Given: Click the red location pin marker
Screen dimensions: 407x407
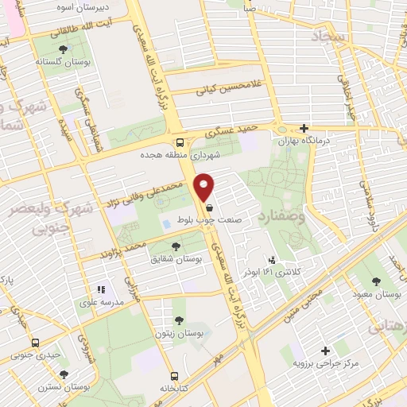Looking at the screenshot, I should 204,187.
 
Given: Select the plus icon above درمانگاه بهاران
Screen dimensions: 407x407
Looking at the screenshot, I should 304,127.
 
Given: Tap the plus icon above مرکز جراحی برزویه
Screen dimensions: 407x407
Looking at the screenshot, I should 324,351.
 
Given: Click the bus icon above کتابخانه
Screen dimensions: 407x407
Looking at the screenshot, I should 173,376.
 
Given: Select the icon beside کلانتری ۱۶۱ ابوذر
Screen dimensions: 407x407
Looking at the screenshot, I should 273,260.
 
